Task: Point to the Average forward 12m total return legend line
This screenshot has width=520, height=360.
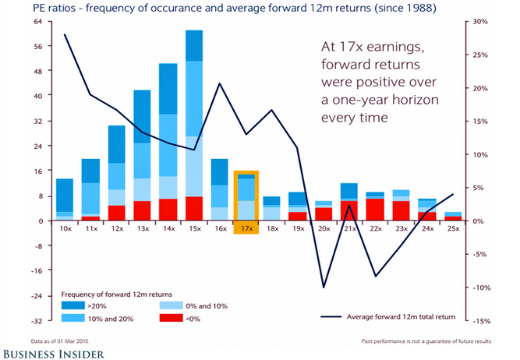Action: click(x=333, y=317)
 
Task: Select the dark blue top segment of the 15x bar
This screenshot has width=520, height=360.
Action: click(x=194, y=45)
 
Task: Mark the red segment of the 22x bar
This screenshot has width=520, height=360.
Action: click(x=375, y=210)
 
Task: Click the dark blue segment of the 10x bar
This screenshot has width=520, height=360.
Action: click(x=65, y=195)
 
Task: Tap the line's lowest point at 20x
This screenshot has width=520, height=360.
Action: click(x=324, y=288)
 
